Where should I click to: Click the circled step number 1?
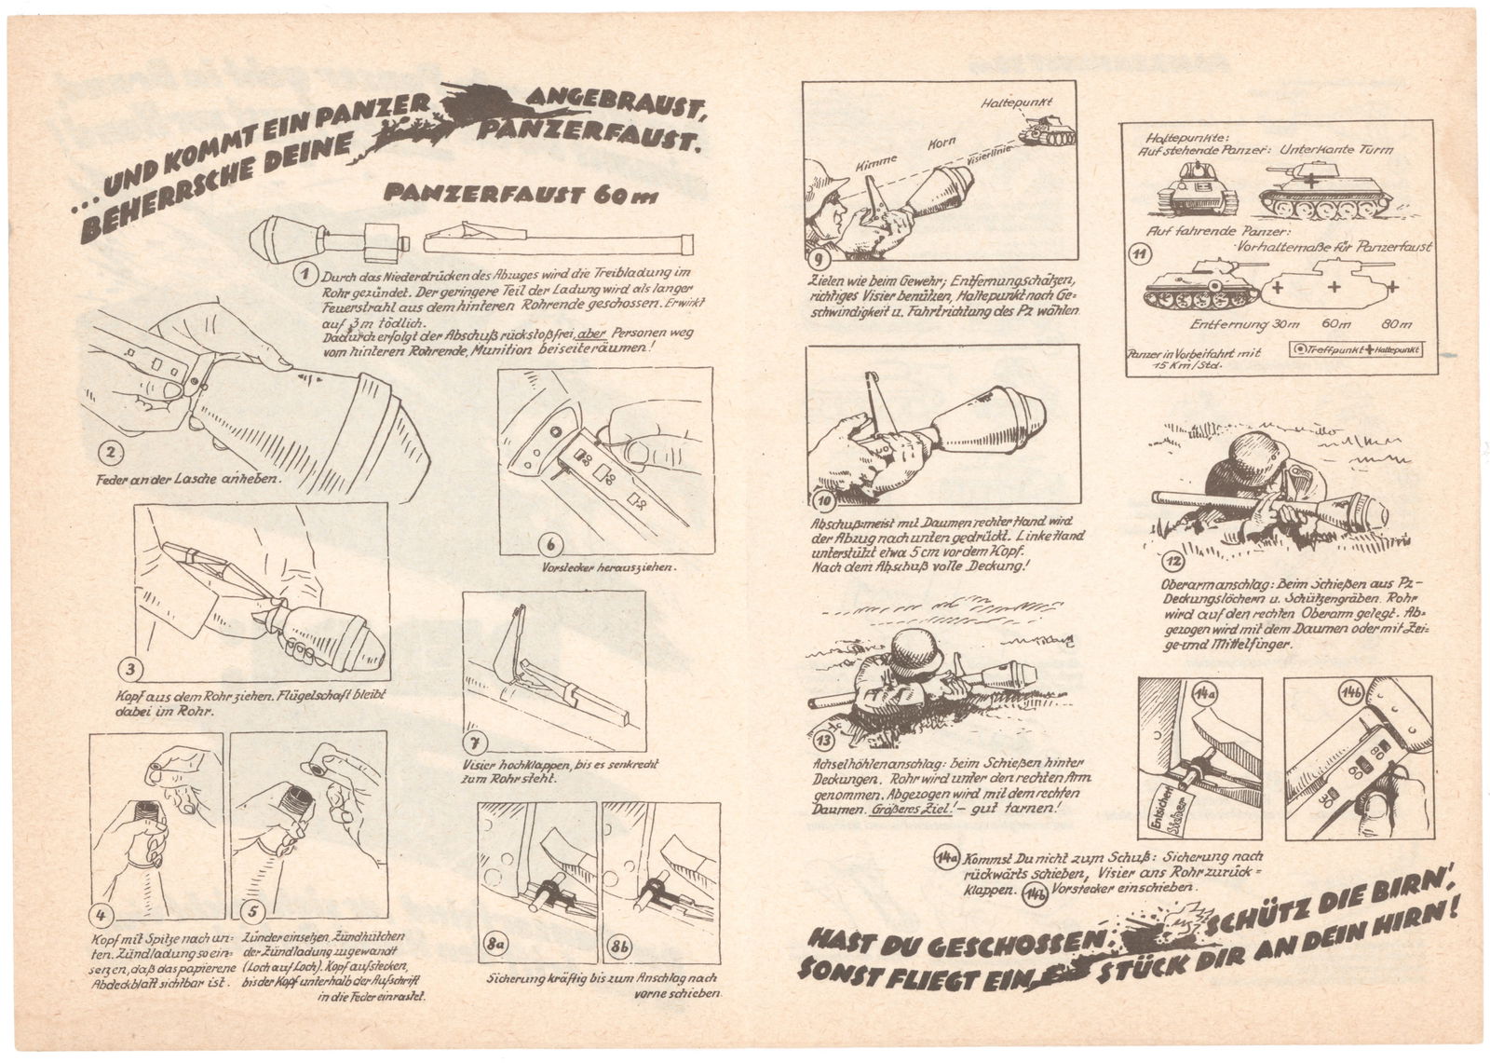click(300, 275)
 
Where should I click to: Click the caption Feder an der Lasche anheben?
click(189, 483)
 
